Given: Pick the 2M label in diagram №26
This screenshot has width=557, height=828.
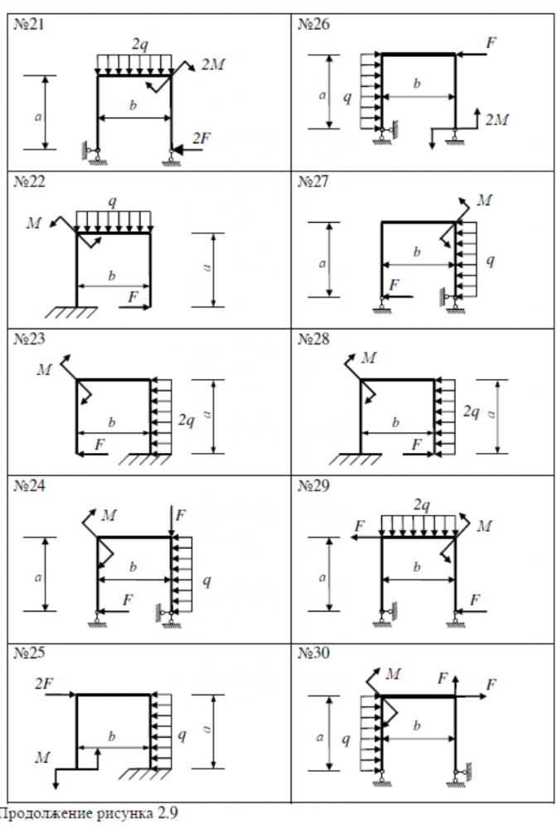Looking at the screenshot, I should pos(497,120).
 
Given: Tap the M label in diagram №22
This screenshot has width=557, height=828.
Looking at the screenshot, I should pos(35,223).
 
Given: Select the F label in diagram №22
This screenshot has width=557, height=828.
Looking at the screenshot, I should pos(133,295).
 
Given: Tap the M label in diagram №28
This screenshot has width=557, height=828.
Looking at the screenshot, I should pos(369,358).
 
